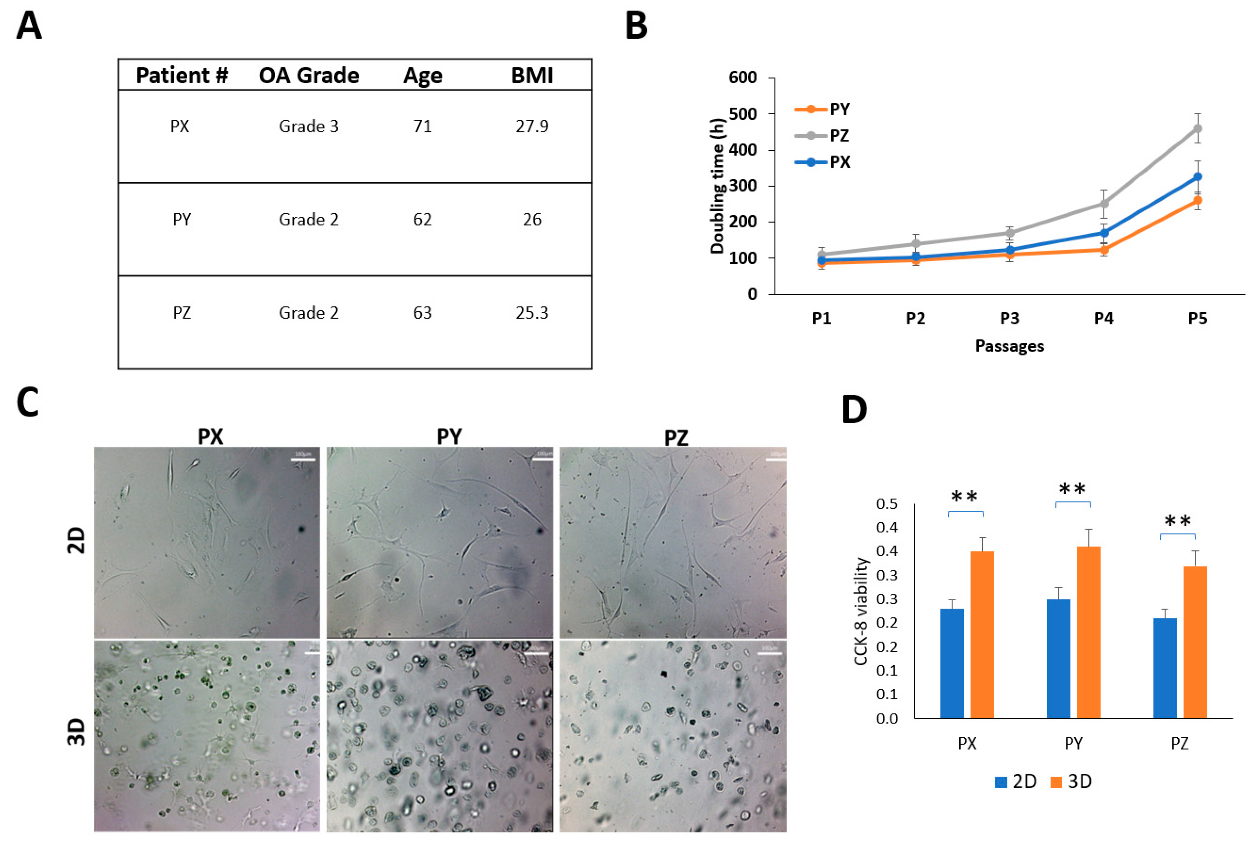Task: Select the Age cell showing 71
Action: (x=422, y=126)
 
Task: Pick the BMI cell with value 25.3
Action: (x=532, y=312)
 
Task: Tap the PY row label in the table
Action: (x=182, y=220)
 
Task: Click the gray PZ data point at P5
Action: (x=1197, y=129)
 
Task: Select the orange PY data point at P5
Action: (x=1197, y=200)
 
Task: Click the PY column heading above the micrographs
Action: (x=449, y=437)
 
